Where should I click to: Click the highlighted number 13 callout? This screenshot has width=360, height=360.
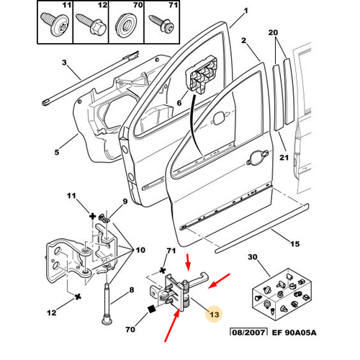click(214, 314)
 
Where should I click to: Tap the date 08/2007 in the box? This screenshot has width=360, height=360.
click(248, 333)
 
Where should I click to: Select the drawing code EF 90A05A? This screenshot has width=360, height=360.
click(294, 333)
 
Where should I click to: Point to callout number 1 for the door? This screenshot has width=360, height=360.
click(246, 11)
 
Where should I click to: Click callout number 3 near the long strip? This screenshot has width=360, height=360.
click(64, 63)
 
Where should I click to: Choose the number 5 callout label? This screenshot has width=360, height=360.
click(57, 152)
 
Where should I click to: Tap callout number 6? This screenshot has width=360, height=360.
click(179, 103)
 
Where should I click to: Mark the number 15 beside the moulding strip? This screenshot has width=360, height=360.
click(295, 244)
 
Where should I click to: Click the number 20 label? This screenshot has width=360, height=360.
click(273, 32)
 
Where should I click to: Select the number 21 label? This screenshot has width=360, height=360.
click(284, 158)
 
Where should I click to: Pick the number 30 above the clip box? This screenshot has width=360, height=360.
click(253, 257)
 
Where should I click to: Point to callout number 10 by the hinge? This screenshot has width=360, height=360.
click(140, 250)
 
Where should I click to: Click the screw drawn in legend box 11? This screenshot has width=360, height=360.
click(55, 24)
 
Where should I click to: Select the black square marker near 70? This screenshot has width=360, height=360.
click(151, 309)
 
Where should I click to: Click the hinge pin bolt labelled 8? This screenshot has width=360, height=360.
click(107, 303)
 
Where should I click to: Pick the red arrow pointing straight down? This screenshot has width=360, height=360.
click(189, 261)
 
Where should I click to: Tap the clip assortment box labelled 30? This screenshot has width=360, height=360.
click(282, 294)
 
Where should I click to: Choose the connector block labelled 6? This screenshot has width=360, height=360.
click(202, 74)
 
